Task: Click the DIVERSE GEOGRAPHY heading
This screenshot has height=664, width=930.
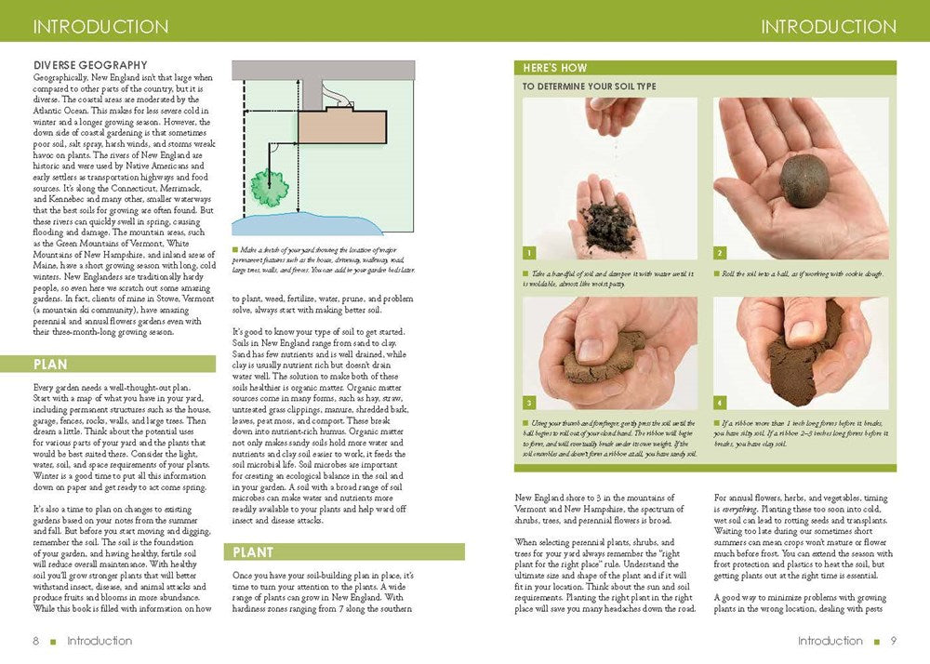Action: point(89,64)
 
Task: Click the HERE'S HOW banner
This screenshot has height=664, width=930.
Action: point(705,68)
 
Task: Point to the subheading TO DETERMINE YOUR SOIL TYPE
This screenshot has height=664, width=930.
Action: point(589,86)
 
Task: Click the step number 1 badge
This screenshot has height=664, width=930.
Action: point(529,253)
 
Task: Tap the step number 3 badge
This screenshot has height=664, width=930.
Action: point(529,403)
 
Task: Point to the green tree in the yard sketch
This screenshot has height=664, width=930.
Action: point(270,188)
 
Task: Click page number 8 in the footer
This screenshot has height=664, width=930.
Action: point(35,641)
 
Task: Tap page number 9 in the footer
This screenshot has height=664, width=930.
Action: point(893,641)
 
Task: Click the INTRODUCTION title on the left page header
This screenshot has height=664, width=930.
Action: point(100,26)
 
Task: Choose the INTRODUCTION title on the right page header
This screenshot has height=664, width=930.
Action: point(829,26)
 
